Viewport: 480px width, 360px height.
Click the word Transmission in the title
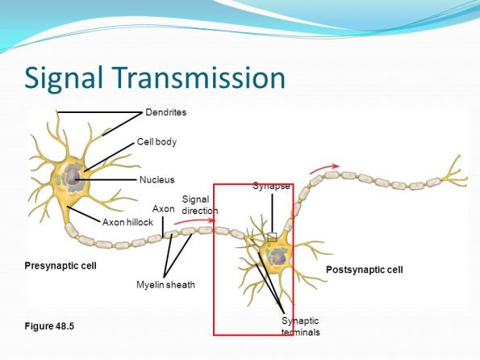coord(201,78)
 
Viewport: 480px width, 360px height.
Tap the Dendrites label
coord(165,112)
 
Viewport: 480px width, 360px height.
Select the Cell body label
coord(157,142)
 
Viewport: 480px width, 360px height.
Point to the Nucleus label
coord(157,179)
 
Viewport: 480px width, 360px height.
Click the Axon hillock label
coord(127,221)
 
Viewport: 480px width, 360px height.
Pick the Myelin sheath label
coord(165,285)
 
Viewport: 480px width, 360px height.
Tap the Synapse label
coord(271,186)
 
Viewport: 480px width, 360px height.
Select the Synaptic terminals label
coord(300,327)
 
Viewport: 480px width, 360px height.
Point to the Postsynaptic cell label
coord(364,269)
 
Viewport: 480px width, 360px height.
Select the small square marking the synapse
coord(272,237)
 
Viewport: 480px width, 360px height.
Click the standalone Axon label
coord(164,209)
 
